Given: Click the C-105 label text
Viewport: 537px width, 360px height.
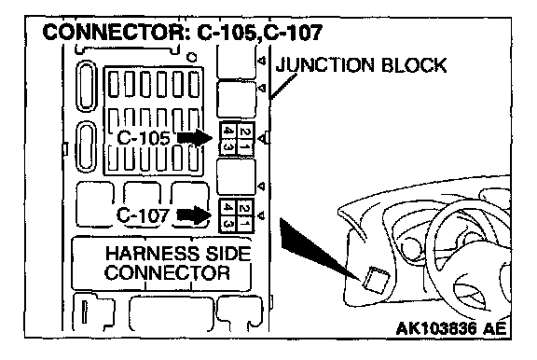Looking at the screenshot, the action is click(144, 138).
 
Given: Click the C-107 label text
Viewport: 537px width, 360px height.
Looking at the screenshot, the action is click(143, 215).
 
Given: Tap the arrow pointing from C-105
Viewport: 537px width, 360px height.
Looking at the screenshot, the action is click(195, 138).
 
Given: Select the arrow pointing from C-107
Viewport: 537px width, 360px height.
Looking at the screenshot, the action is click(194, 215).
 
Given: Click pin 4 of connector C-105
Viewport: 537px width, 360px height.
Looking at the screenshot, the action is click(227, 132).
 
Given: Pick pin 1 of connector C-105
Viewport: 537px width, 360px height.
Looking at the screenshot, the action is click(244, 147).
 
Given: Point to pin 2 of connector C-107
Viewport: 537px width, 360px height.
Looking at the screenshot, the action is click(244, 208).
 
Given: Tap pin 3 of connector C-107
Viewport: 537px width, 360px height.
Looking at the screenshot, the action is click(227, 224).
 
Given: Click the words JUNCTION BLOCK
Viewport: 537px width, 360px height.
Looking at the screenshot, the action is click(362, 65).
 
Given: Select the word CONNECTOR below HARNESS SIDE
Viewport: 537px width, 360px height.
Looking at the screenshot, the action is click(168, 272).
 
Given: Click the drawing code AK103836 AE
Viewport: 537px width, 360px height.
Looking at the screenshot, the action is click(451, 329).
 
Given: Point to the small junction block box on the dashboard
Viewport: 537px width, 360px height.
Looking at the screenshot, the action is click(375, 280).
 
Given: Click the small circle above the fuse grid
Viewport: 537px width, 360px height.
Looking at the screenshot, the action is click(192, 57).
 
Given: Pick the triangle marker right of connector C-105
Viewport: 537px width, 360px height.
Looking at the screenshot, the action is click(262, 139).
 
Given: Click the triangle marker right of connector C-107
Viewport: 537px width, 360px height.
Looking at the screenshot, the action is click(261, 215).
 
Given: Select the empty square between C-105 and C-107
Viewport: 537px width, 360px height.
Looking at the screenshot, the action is click(236, 177).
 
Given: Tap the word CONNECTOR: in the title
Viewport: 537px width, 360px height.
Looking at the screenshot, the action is click(117, 34).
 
